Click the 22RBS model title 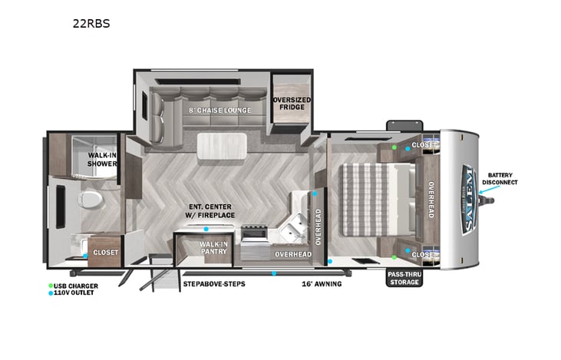point(91,23)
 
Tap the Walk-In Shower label point(102,159)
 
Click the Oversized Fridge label point(292,103)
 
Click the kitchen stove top point(253,233)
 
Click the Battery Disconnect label point(500,179)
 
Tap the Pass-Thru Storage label point(404,278)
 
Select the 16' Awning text point(321,284)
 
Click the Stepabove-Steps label point(214,284)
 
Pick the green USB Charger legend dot point(51,286)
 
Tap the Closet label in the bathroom point(104,252)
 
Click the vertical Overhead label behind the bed point(431,200)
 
